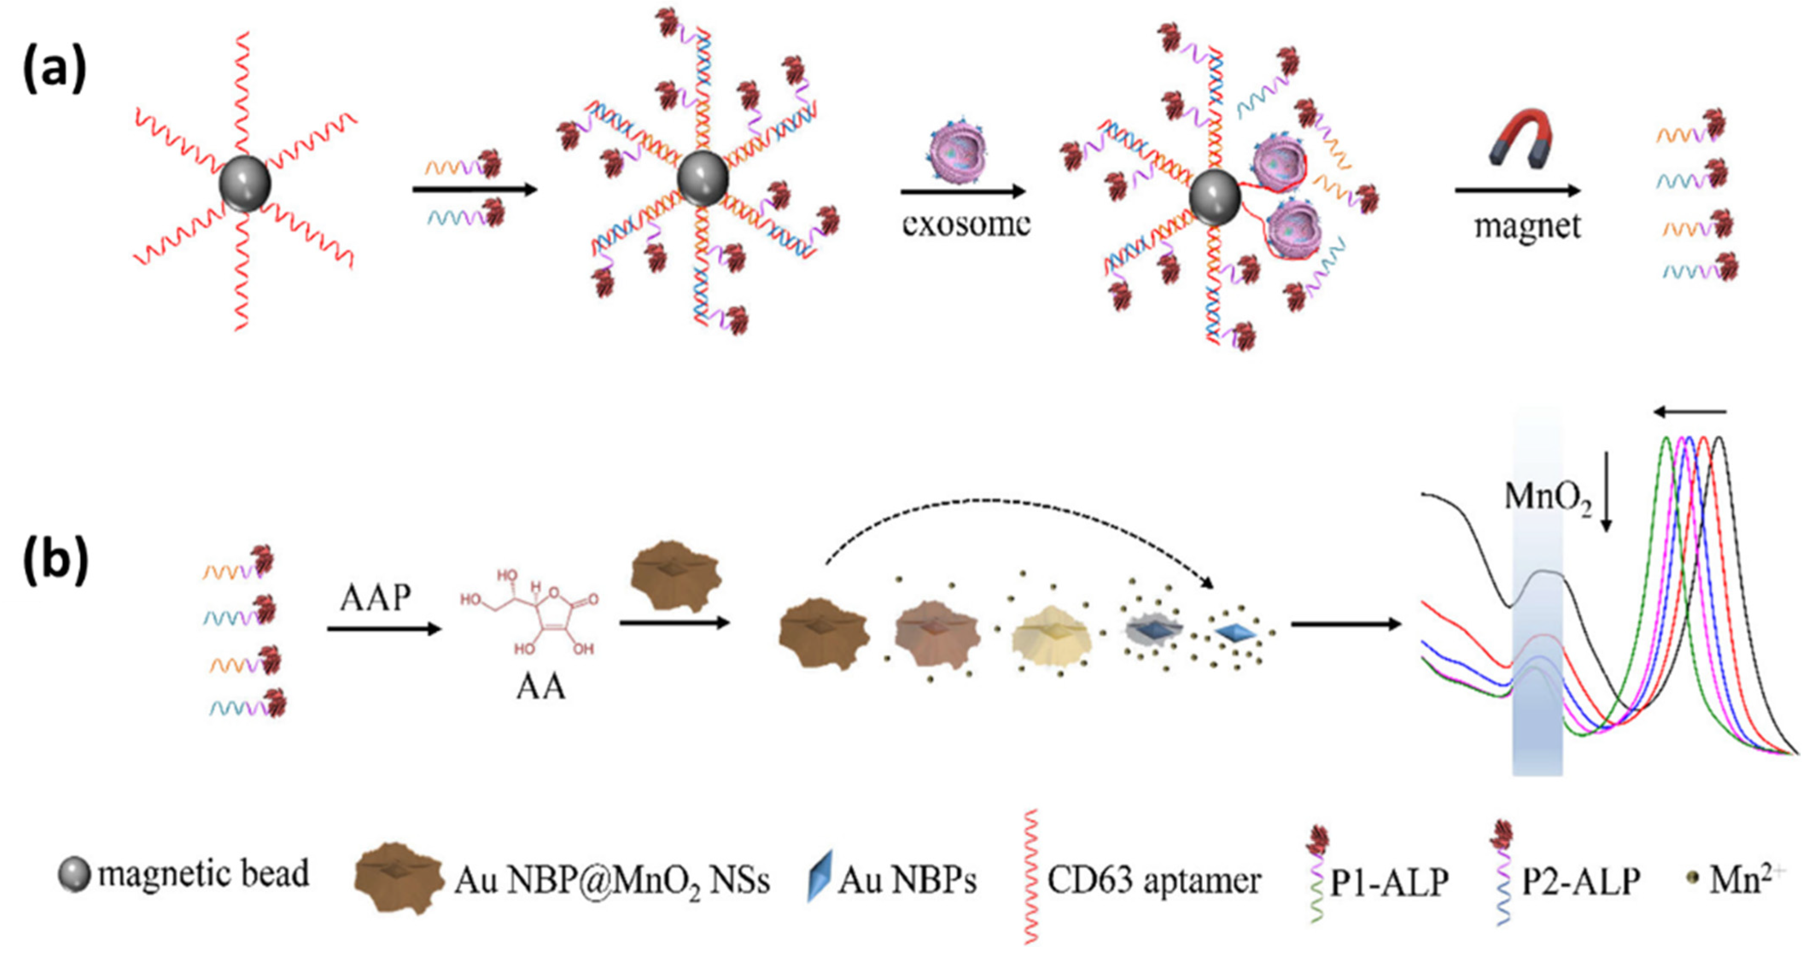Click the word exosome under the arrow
pos(965,224)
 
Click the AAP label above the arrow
pos(375,598)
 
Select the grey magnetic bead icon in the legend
pos(73,875)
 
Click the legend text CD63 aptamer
pos(1153,880)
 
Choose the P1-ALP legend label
pos(1389,882)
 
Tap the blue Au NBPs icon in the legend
pos(820,876)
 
